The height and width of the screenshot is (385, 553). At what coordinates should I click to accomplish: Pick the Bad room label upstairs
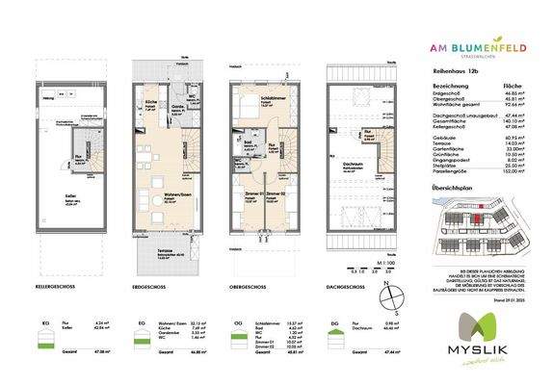(246, 146)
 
